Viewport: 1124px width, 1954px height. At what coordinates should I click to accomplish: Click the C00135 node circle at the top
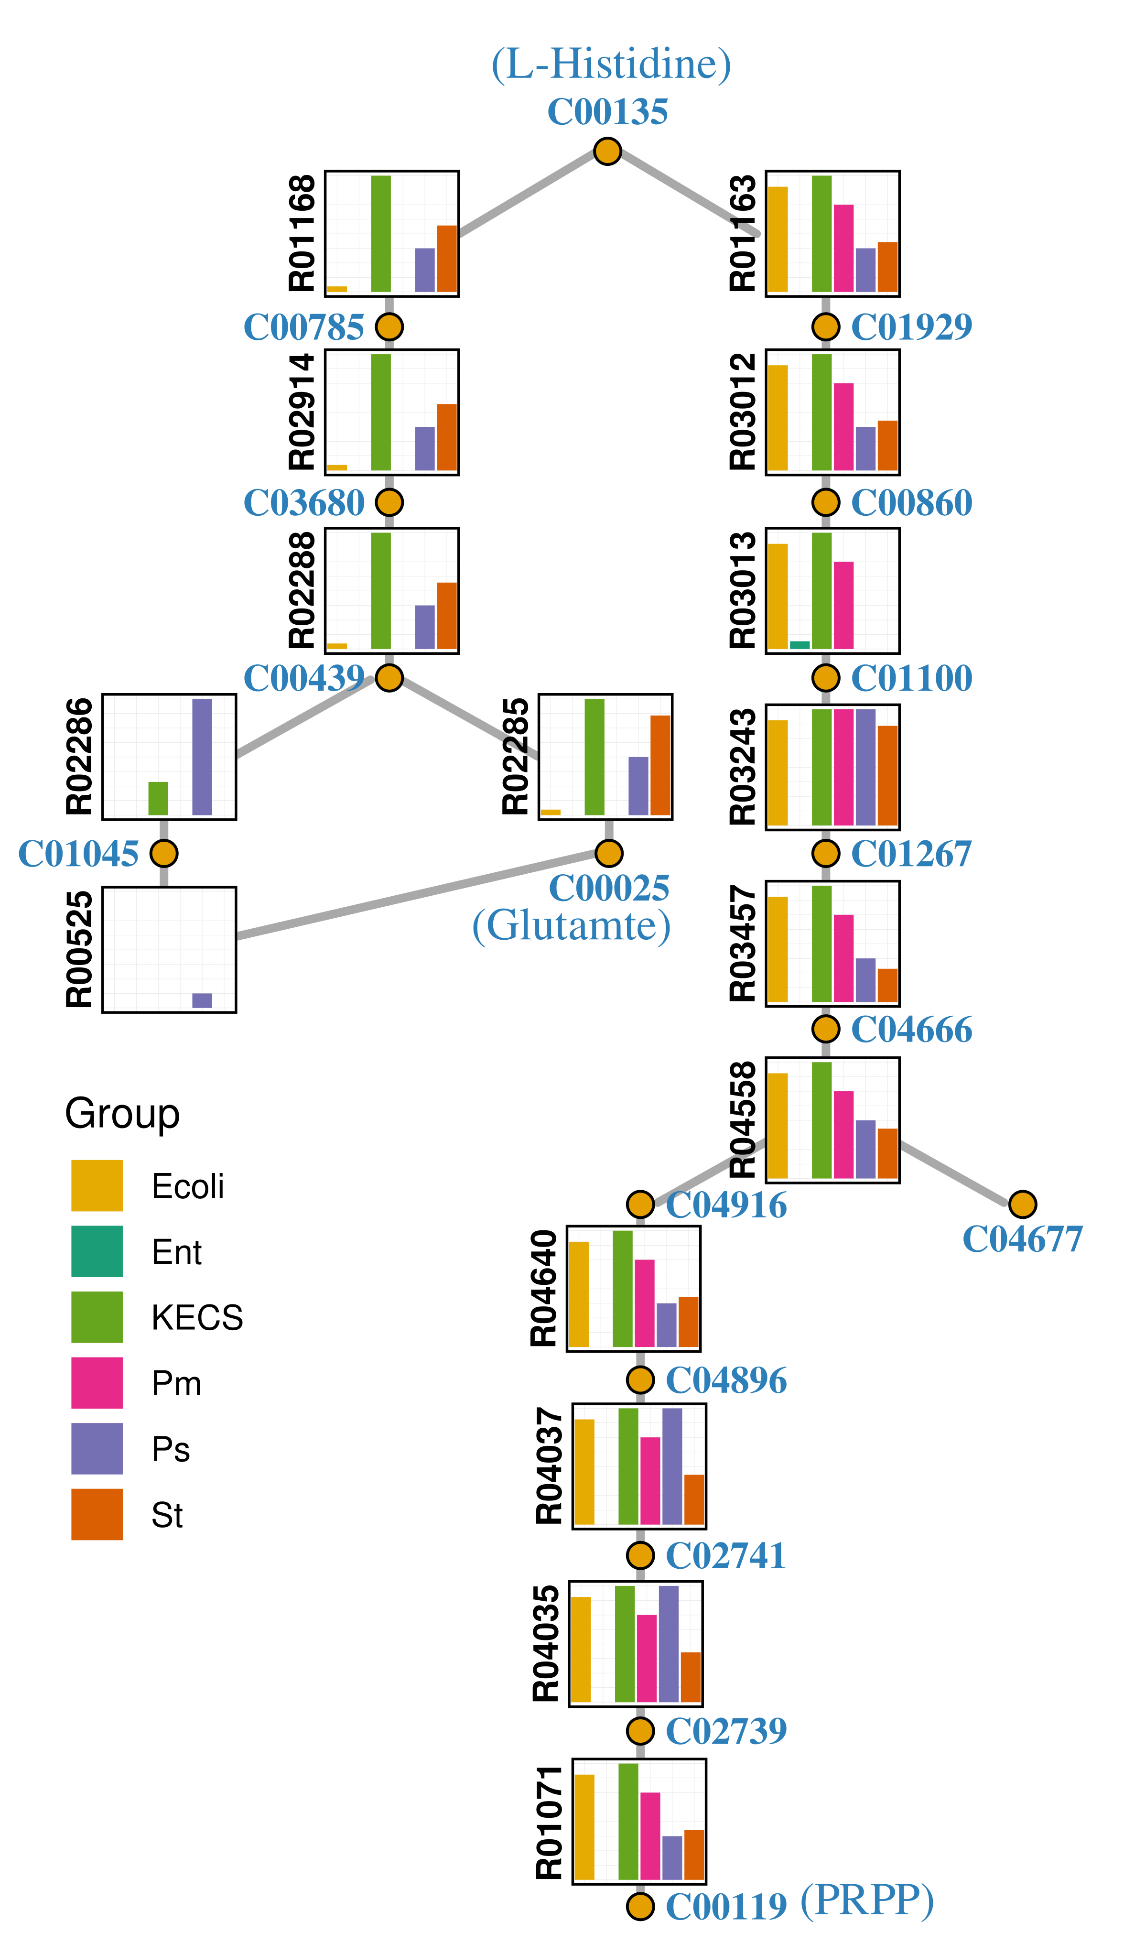pyautogui.click(x=607, y=152)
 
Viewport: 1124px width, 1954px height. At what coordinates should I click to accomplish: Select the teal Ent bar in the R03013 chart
pyautogui.click(x=800, y=645)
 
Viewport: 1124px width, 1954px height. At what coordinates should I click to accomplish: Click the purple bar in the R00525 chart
pyautogui.click(x=202, y=1000)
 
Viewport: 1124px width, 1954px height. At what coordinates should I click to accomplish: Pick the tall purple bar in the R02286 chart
pyautogui.click(x=202, y=757)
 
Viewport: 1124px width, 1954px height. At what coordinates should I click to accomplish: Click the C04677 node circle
pyautogui.click(x=1022, y=1204)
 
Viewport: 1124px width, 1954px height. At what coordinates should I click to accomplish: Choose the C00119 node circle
pyautogui.click(x=640, y=1906)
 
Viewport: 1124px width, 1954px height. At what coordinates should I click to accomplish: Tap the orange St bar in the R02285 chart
pyautogui.click(x=660, y=765)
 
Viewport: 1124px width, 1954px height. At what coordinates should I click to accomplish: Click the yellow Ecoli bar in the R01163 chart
pyautogui.click(x=778, y=239)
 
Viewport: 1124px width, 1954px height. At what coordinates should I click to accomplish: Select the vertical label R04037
pyautogui.click(x=550, y=1465)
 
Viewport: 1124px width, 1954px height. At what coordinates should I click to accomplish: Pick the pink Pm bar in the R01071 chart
pyautogui.click(x=650, y=1836)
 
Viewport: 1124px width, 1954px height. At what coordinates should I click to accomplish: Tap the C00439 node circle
pyautogui.click(x=389, y=678)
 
